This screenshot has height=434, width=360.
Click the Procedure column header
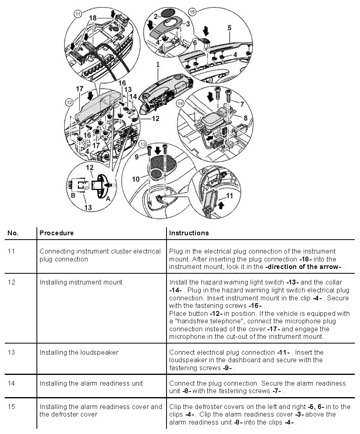click(x=56, y=233)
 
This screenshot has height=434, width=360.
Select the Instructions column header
click(x=189, y=233)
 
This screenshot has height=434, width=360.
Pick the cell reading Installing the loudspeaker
click(x=79, y=352)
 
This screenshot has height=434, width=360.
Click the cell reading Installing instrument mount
click(x=81, y=282)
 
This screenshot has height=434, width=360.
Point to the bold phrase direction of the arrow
click(x=303, y=267)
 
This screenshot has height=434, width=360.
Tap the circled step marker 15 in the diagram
click(x=192, y=12)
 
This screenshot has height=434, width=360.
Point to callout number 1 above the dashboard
click(x=158, y=64)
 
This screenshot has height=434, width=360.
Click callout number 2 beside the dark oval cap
click(x=156, y=17)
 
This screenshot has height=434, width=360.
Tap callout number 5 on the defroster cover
click(x=229, y=28)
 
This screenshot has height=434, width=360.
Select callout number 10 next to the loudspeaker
click(x=136, y=179)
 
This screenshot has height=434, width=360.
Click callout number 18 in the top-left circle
click(x=93, y=18)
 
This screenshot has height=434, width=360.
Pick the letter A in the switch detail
click(x=108, y=199)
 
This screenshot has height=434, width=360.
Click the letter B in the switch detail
click(x=73, y=195)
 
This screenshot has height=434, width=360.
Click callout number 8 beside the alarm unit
click(x=245, y=117)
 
